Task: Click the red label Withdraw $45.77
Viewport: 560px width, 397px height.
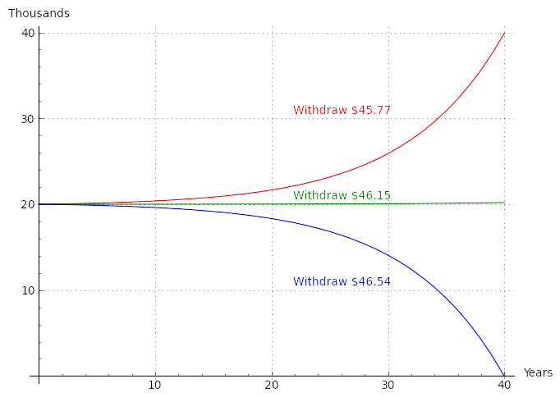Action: [342, 111]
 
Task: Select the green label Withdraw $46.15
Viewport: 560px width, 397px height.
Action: [342, 196]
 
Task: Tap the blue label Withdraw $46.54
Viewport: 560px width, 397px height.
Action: [342, 282]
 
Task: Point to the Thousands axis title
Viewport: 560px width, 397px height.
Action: [39, 14]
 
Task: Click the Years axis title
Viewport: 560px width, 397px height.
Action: [538, 373]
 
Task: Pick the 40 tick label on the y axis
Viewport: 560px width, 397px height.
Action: [28, 33]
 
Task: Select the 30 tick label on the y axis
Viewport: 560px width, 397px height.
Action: [28, 119]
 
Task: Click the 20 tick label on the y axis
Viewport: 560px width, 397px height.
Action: [28, 204]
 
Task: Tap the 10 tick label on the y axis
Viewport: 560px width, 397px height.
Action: [28, 290]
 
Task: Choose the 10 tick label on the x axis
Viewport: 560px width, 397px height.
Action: [154, 386]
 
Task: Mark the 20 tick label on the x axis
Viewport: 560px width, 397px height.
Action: [272, 386]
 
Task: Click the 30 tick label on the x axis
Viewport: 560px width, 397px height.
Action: [388, 386]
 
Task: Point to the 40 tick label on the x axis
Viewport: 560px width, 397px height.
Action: [504, 386]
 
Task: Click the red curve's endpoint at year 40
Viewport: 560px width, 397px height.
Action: [504, 33]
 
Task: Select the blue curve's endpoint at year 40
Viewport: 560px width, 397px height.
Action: [504, 376]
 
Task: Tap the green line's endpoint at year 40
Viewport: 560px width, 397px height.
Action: [504, 203]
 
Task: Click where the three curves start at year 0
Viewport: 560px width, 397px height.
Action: [39, 204]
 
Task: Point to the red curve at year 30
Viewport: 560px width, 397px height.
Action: [388, 153]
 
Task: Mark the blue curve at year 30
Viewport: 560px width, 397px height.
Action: [388, 256]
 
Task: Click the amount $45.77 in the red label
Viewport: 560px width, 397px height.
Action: [370, 111]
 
